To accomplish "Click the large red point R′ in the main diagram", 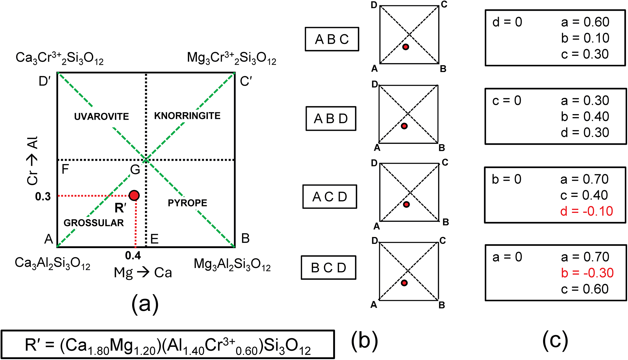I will tap(134, 195).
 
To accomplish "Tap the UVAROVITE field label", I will tap(101, 116).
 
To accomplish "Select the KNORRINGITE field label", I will tap(187, 116).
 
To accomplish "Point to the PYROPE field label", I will tap(187, 203).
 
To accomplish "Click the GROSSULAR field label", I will tap(94, 223).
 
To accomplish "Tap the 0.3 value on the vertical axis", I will tap(43, 197).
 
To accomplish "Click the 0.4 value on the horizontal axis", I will tap(133, 255).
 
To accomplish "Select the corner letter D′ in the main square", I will tap(45, 81).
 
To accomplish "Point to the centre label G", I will tap(135, 170).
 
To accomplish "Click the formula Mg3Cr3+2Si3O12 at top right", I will tap(231, 58).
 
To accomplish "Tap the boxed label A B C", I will tap(332, 39).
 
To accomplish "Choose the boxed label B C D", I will tap(328, 268).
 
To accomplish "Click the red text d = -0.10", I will tap(586, 211).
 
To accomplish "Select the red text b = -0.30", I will tap(587, 273).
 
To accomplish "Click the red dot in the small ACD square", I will tap(406, 205).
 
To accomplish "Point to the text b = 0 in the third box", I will tap(506, 179).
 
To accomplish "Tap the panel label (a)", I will tap(145, 304).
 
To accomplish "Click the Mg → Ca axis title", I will tap(143, 272).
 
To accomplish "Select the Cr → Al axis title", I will tap(32, 161).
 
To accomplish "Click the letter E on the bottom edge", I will tap(154, 239).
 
